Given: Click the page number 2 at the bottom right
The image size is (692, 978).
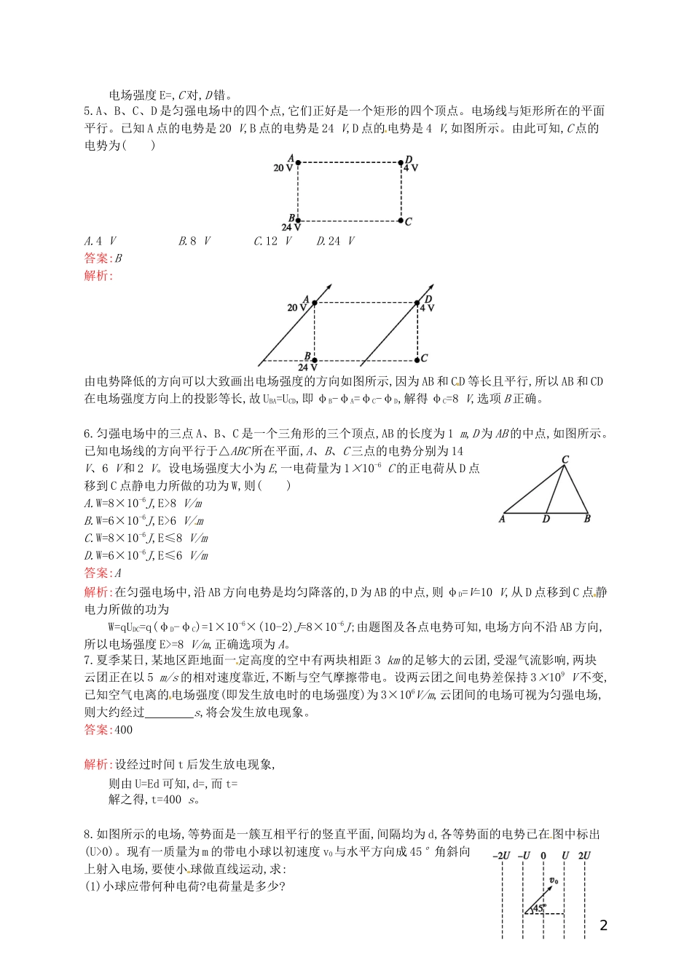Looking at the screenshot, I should (x=603, y=926).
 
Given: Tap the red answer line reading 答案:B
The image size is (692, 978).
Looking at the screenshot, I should (x=103, y=258).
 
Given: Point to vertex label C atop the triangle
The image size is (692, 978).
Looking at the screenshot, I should (x=565, y=459).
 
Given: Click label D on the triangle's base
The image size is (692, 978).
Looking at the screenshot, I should (x=546, y=519).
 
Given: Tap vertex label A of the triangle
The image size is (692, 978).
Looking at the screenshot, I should (x=502, y=519).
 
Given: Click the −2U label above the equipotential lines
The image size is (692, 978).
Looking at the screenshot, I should (x=501, y=856).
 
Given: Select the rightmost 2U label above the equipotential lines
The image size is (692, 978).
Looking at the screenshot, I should (x=584, y=856).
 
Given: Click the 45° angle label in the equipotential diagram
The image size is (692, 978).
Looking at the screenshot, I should (x=539, y=907).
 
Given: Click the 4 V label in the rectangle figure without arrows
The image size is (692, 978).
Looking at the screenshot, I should (x=411, y=168).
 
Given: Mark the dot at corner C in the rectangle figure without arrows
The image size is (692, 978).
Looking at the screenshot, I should (x=401, y=220).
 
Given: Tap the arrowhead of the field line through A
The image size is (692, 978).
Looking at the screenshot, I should (x=331, y=286).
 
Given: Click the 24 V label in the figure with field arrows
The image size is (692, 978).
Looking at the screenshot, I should (x=307, y=367).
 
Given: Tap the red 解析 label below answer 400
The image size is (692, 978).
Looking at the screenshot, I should (x=98, y=764).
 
